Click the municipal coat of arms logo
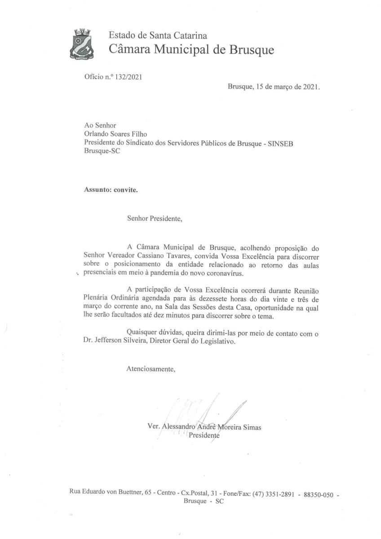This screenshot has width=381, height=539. [x=83, y=44]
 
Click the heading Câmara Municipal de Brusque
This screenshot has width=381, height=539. [x=191, y=49]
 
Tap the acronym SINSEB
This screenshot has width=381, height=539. [x=281, y=142]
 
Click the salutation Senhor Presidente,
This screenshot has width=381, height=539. [x=155, y=220]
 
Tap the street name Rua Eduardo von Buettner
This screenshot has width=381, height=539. [x=105, y=493]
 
